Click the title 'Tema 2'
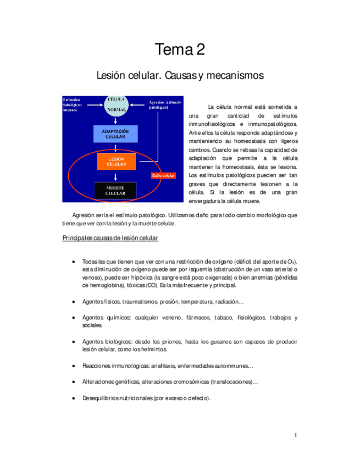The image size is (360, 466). pyautogui.click(x=180, y=50)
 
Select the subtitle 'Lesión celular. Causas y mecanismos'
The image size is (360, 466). pyautogui.click(x=180, y=75)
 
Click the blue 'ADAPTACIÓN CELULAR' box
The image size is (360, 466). pyautogui.click(x=115, y=134)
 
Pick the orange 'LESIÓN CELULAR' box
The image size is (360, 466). pyautogui.click(x=115, y=162)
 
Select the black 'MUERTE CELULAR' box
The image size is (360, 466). pyautogui.click(x=115, y=190)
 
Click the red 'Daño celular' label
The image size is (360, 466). pyautogui.click(x=163, y=175)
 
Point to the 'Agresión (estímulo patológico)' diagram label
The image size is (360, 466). pyautogui.click(x=164, y=105)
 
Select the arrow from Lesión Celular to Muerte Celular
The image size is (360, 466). pyautogui.click(x=116, y=176)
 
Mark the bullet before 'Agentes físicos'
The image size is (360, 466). pyautogui.click(x=74, y=302)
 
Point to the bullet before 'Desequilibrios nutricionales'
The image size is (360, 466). pyautogui.click(x=74, y=398)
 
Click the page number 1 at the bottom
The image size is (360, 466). pyautogui.click(x=295, y=436)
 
